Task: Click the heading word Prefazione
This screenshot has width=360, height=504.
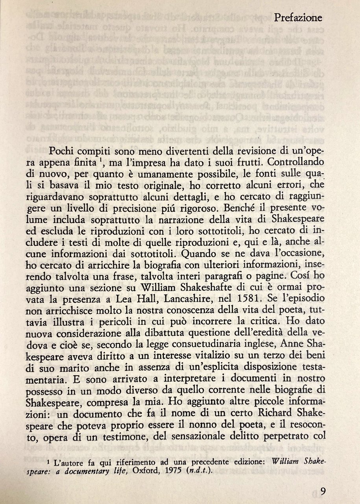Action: coord(298,17)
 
